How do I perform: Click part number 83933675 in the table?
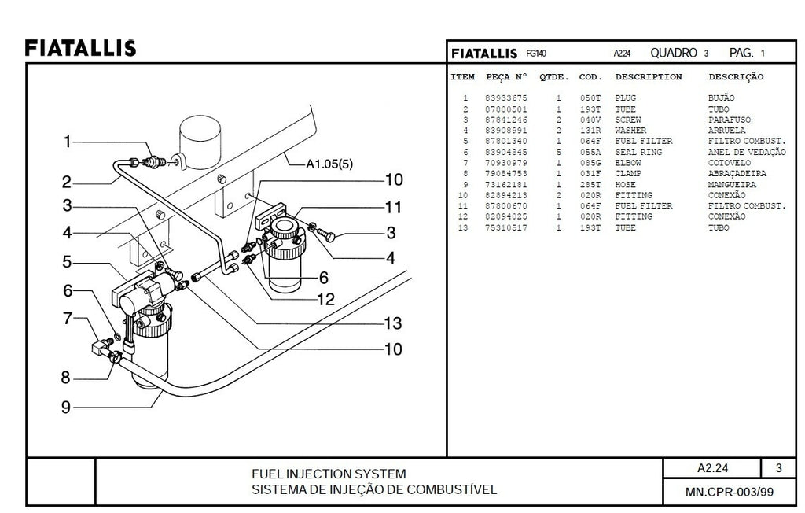(x=506, y=98)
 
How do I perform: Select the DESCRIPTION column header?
(x=648, y=77)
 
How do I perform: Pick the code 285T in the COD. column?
(x=590, y=185)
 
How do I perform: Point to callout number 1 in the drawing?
(x=68, y=142)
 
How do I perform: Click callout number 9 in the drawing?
(x=66, y=407)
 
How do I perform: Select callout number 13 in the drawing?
(x=392, y=323)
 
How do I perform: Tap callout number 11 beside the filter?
(x=393, y=207)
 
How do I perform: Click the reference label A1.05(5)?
(x=331, y=164)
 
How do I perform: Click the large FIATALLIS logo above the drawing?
(x=80, y=48)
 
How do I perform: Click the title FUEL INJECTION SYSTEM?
(x=329, y=474)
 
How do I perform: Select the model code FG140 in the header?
(x=537, y=54)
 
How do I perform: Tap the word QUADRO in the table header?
(x=674, y=53)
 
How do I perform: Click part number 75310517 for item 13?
(x=506, y=228)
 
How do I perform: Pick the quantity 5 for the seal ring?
(x=558, y=153)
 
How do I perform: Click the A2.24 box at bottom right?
(x=712, y=468)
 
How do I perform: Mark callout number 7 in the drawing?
(x=68, y=319)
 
